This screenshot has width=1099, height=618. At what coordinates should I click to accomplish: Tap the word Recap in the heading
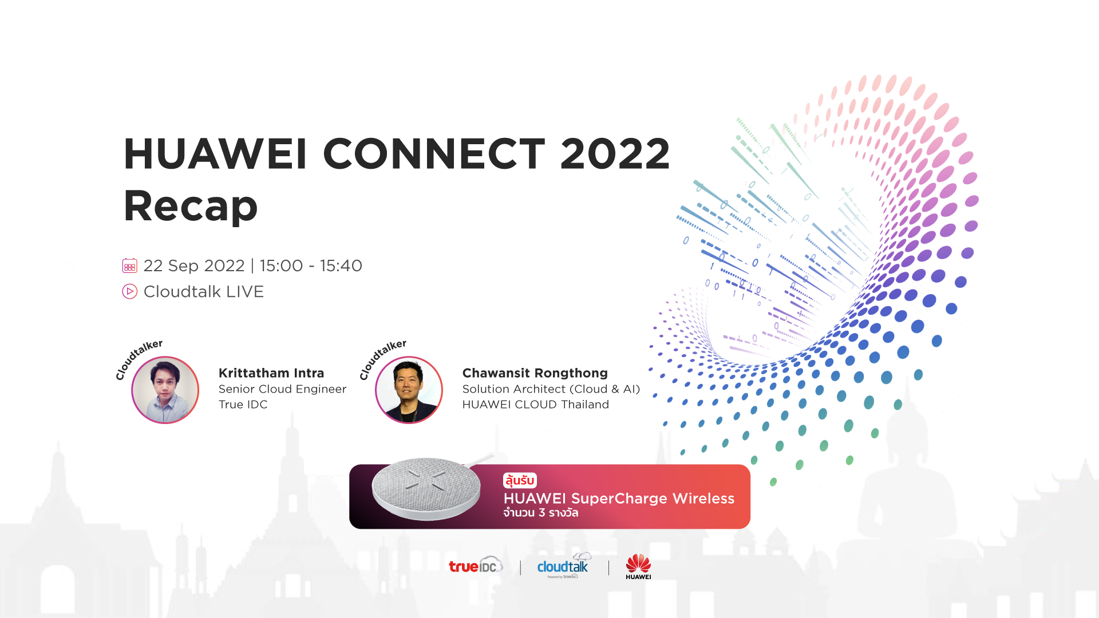point(191,205)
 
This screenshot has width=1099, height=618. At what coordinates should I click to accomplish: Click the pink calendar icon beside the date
point(129,266)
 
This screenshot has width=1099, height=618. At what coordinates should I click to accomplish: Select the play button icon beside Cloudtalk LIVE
point(129,291)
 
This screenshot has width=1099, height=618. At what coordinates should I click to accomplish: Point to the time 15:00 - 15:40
point(311,266)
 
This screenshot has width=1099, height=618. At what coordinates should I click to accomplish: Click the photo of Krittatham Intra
point(165,390)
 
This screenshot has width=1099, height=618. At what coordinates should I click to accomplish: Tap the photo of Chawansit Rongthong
point(409,390)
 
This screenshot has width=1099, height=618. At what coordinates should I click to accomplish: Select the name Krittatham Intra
point(271,373)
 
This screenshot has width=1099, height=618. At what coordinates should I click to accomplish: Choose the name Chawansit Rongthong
point(535,373)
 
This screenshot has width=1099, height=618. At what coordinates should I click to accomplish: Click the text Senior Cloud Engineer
point(282,389)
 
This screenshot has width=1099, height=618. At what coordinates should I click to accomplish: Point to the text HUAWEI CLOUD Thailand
point(536,405)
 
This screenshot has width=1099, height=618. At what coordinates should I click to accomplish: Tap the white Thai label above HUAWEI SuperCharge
point(520,480)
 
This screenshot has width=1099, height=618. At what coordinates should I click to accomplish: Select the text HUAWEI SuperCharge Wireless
point(619,498)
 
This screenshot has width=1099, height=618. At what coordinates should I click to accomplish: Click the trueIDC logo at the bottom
point(476,565)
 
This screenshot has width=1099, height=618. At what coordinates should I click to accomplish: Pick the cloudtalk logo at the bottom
point(563,565)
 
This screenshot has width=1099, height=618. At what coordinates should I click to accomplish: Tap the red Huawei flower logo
point(638,563)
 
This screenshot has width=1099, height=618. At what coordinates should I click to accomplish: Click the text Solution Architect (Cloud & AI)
point(551,389)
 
